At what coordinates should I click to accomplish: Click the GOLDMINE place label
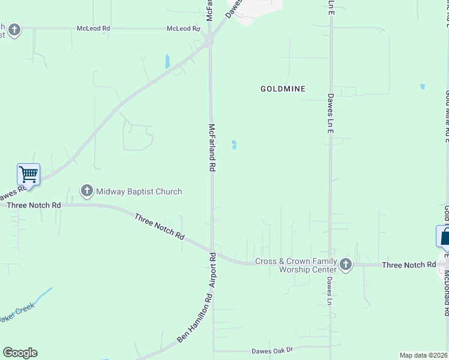[283, 89]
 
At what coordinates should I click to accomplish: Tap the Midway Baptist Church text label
[139, 191]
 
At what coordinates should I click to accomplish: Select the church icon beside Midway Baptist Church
[86, 191]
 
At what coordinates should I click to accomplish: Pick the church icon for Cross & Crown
[345, 265]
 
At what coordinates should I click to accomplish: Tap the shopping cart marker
[29, 175]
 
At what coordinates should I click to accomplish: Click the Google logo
[20, 353]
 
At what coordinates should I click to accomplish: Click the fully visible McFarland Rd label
[211, 148]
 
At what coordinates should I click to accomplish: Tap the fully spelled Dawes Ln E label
[330, 113]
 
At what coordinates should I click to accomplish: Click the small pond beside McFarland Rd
[234, 144]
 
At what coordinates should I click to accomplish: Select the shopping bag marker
[444, 236]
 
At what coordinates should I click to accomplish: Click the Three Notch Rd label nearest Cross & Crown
[409, 265]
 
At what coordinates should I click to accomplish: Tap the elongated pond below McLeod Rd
[167, 61]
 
